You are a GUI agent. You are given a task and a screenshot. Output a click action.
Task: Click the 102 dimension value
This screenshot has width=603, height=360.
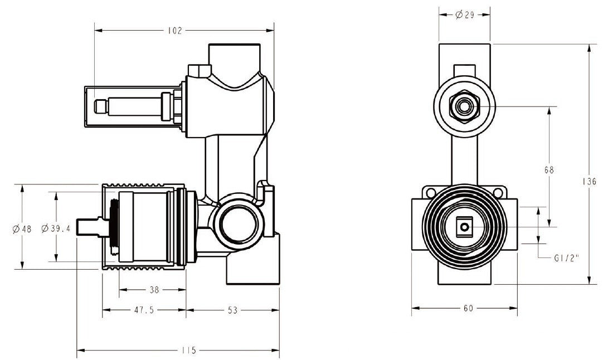click(174, 31)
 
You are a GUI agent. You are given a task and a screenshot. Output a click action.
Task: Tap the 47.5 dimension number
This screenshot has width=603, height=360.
click(144, 310)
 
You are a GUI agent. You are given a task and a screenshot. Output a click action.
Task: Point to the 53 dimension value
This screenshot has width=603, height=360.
click(232, 310)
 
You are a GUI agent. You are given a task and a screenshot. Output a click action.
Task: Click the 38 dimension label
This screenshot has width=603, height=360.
click(154, 290)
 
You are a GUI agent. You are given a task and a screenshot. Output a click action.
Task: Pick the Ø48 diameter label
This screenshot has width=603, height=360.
click(22, 229)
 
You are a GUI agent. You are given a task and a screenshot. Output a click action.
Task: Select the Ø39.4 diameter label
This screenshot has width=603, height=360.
click(56, 228)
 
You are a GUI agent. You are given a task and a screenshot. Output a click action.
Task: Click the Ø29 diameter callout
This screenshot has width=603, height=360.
click(465, 15)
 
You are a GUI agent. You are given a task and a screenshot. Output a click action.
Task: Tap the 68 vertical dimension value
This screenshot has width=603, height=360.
click(549, 169)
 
